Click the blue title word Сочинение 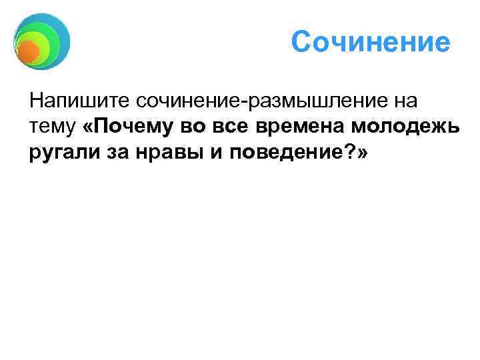tap(371, 43)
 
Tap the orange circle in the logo tap(27, 51)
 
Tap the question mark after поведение tap(348, 153)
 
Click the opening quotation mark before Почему tap(91, 128)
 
